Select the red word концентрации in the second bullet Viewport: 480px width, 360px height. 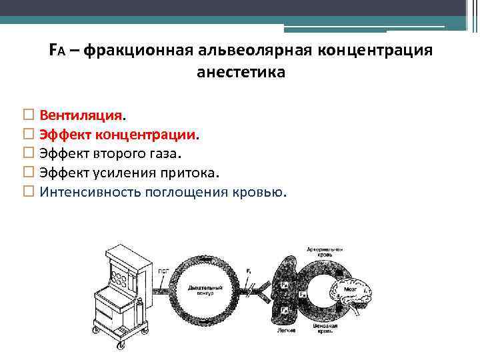pyautogui.click(x=145, y=135)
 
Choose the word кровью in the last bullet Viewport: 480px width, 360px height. pyautogui.click(x=261, y=193)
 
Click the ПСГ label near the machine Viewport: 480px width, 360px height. pyautogui.click(x=162, y=271)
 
